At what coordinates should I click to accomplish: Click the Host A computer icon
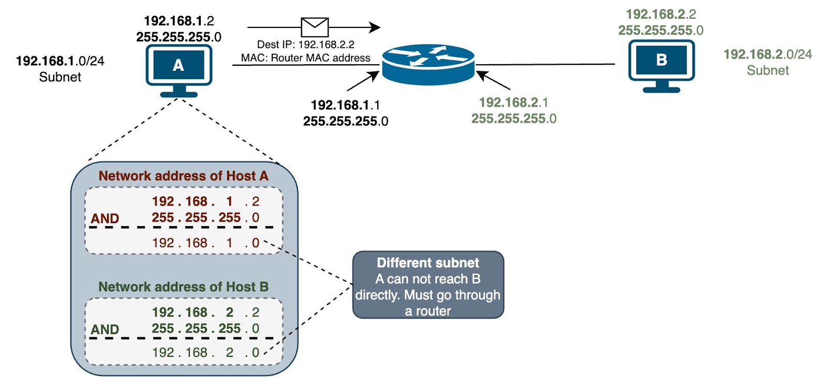[179, 67]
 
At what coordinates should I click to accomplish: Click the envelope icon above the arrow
[315, 27]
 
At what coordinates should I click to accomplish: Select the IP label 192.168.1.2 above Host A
[179, 21]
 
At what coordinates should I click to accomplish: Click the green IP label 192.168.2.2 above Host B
[661, 14]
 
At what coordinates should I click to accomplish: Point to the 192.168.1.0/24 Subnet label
[60, 68]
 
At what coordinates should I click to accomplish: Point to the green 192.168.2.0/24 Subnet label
[767, 62]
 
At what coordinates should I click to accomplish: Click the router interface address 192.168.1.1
[345, 105]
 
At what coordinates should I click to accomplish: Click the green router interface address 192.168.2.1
[513, 103]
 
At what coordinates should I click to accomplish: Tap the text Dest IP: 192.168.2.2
[306, 45]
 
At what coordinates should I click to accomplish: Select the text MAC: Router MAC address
[306, 58]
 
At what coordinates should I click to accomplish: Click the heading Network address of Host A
[183, 176]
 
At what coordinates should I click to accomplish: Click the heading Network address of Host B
[183, 287]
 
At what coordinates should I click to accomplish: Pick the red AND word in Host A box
[105, 219]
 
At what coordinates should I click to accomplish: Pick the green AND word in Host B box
[105, 329]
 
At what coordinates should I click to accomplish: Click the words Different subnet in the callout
[427, 263]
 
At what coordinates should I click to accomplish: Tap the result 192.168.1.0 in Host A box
[205, 243]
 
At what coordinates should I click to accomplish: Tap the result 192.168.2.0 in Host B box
[205, 353]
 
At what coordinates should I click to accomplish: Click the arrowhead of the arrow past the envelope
[375, 27]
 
